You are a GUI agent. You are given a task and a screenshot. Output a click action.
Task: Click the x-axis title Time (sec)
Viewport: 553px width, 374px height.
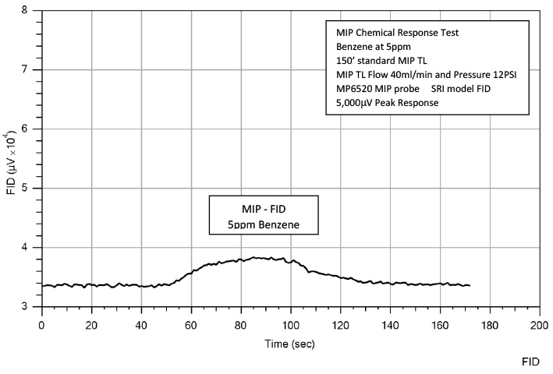289,343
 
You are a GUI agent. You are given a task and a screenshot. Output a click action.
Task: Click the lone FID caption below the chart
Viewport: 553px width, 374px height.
530,363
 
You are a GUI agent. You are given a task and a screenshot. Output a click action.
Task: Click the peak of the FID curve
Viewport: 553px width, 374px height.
255,257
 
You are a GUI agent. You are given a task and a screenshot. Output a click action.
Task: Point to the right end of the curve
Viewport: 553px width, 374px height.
470,285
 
